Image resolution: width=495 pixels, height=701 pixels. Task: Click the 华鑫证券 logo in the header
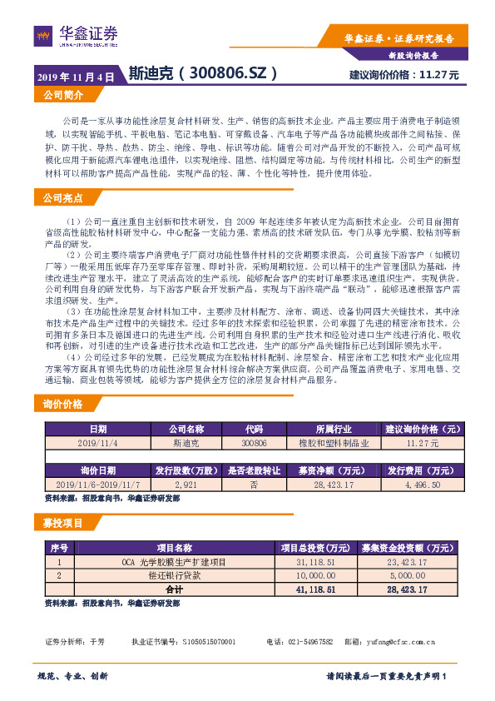(77, 35)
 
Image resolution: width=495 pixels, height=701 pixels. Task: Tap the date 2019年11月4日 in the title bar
(75, 76)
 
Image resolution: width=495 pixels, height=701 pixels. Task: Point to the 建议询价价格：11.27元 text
(403, 75)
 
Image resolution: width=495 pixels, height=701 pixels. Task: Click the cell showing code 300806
(254, 445)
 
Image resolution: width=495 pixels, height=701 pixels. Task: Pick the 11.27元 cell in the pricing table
(423, 445)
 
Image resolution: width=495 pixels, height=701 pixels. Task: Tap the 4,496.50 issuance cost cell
(423, 484)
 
